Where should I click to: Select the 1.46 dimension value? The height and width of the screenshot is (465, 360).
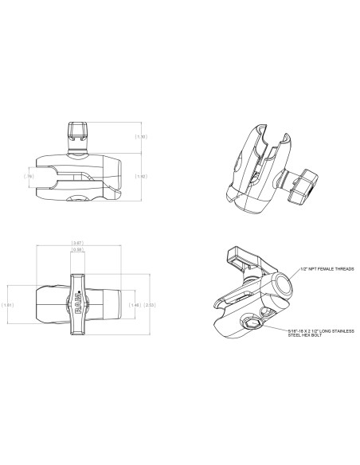tap(136, 304)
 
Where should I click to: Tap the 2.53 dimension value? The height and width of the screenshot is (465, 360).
tap(151, 304)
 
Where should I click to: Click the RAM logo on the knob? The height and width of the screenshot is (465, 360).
tap(78, 303)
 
